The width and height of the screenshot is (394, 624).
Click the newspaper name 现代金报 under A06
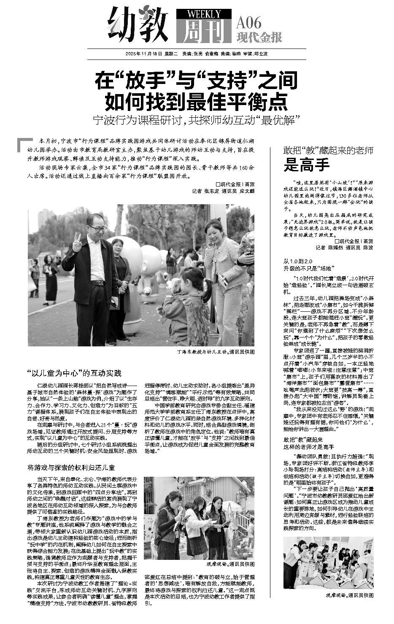click(x=259, y=38)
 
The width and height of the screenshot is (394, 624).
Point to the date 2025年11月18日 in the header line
click(x=144, y=54)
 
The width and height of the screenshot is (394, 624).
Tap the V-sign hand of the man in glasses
click(x=77, y=243)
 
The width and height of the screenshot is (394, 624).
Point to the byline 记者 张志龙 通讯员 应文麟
click(x=223, y=191)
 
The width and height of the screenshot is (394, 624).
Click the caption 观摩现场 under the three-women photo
click(x=230, y=564)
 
